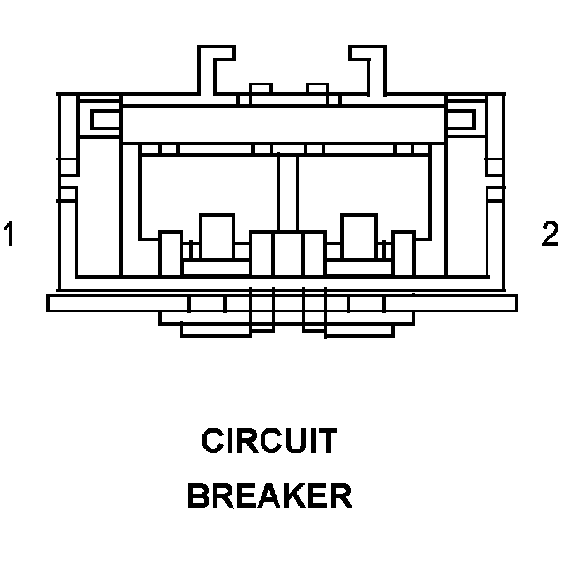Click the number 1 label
(x=9, y=234)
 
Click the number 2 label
(x=550, y=234)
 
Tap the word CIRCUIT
(x=269, y=441)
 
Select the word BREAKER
(x=270, y=495)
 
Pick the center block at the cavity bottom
(x=287, y=254)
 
